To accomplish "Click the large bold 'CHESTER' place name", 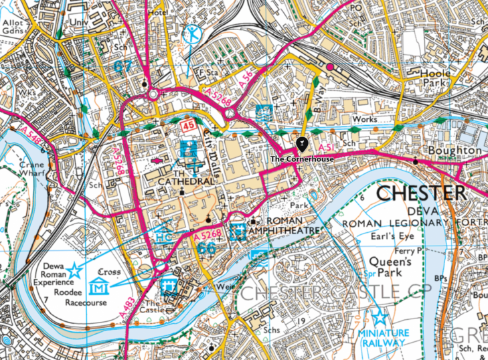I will coord(421,194).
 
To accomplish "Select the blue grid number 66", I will coord(207,248).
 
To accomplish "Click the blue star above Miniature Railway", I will coord(380,317).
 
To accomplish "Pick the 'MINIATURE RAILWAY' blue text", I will coord(382,338).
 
